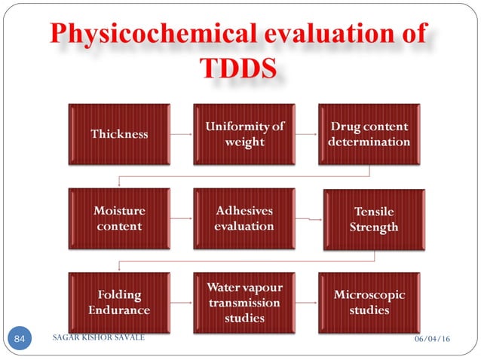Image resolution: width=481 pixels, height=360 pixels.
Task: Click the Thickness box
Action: [x=119, y=134]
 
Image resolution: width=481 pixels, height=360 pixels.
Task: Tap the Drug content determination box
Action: [x=369, y=134]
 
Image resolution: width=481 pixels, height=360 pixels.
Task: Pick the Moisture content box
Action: [x=119, y=218]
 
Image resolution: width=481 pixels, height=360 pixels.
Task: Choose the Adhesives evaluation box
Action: [x=244, y=218]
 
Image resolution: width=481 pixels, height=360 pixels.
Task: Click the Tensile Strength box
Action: [x=371, y=220]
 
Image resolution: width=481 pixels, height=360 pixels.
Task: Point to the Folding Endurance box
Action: [x=119, y=303]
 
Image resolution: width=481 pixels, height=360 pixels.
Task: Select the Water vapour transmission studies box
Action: [x=244, y=303]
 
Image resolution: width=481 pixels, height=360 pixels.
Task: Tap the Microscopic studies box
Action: [x=369, y=303]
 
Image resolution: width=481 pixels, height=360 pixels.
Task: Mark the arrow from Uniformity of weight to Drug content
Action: [x=306, y=135]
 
